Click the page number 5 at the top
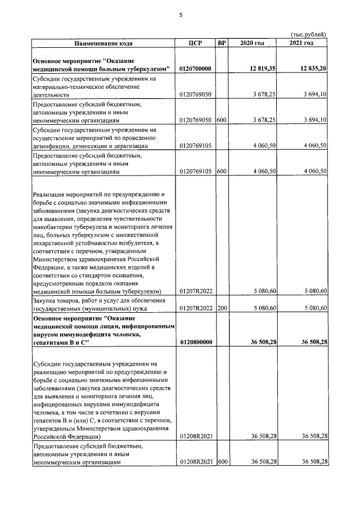pos(181,15)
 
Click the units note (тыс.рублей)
pos(309,35)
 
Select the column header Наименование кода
pos(104,43)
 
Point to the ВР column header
pos(221,43)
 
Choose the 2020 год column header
pos(251,43)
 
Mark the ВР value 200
pos(222,308)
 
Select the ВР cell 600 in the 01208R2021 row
pos(222,462)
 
